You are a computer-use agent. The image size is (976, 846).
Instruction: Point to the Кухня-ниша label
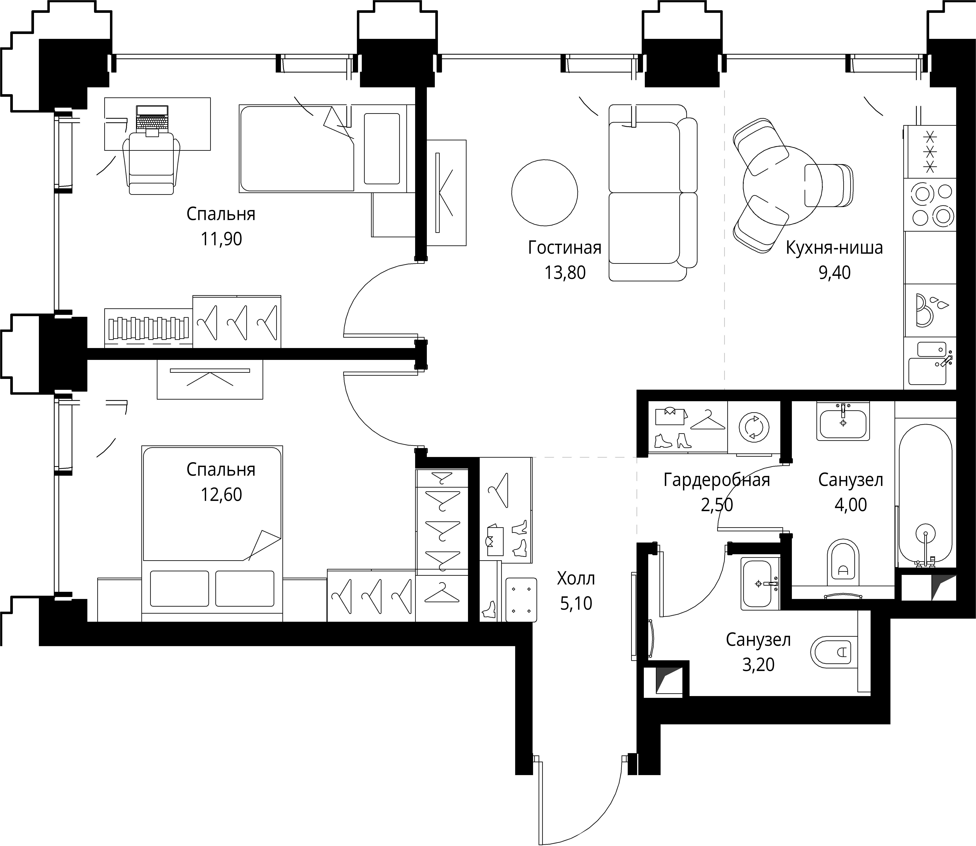(834, 248)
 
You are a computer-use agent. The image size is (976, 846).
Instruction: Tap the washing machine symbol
(754, 427)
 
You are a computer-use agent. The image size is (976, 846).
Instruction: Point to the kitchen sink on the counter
(928, 363)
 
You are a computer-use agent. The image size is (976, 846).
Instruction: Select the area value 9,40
(834, 273)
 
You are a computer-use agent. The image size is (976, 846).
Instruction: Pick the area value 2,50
(717, 505)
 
